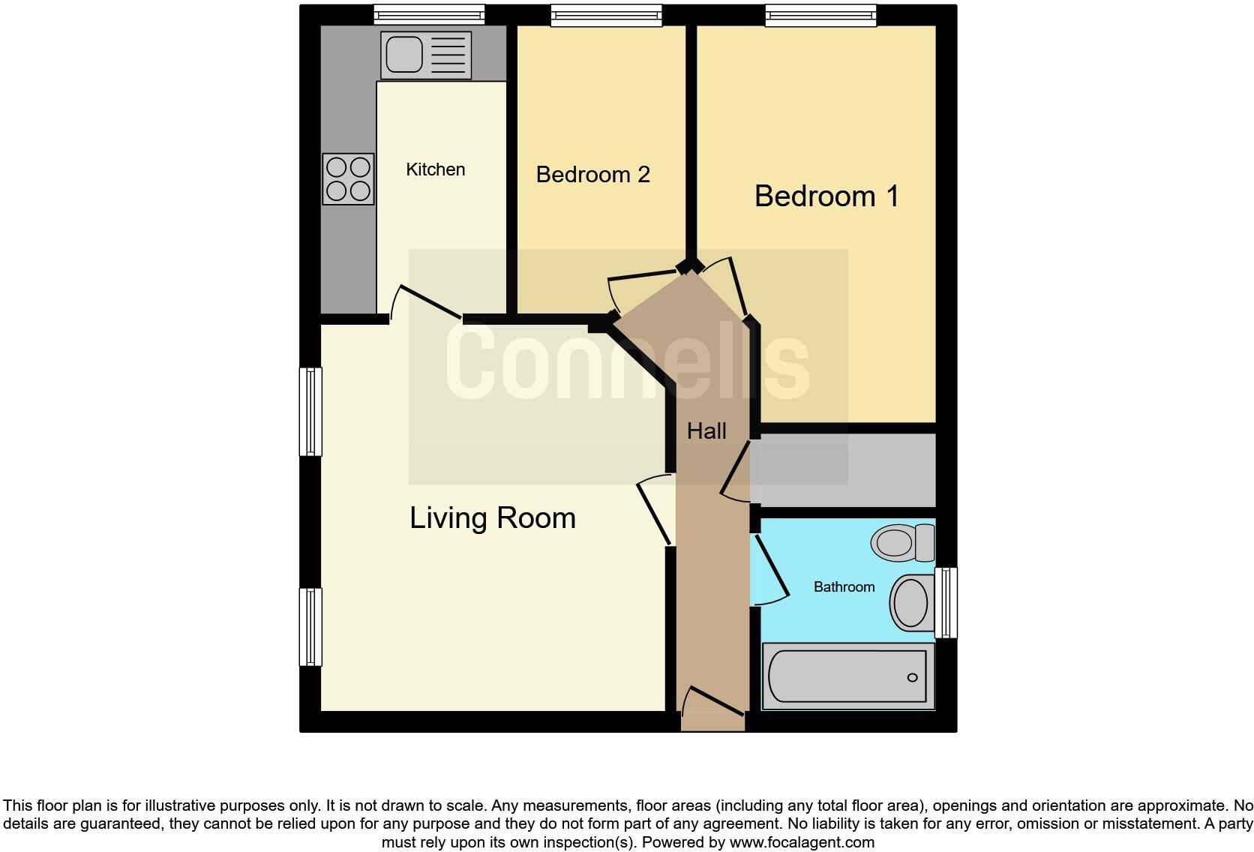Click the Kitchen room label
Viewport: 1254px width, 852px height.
click(x=436, y=169)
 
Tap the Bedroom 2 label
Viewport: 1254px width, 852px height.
click(x=592, y=175)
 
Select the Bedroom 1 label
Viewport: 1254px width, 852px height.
click(x=826, y=196)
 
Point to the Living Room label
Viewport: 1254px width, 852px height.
click(x=493, y=517)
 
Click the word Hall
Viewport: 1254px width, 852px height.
click(x=706, y=431)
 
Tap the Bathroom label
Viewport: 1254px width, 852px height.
click(x=844, y=586)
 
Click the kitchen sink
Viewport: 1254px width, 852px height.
click(x=425, y=55)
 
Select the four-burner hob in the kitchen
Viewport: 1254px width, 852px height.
click(x=348, y=178)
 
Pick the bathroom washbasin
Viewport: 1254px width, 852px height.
click(x=912, y=603)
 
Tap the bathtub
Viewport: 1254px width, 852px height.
click(x=848, y=676)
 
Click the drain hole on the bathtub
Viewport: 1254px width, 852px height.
click(x=912, y=677)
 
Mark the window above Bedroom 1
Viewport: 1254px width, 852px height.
click(x=820, y=15)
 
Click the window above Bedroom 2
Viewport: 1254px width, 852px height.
click(x=606, y=15)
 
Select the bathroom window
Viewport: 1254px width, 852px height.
click(x=946, y=603)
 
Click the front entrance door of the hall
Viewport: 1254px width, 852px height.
click(x=712, y=700)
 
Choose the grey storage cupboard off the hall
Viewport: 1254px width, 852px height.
click(x=843, y=471)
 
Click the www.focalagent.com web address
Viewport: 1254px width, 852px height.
click(x=802, y=842)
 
